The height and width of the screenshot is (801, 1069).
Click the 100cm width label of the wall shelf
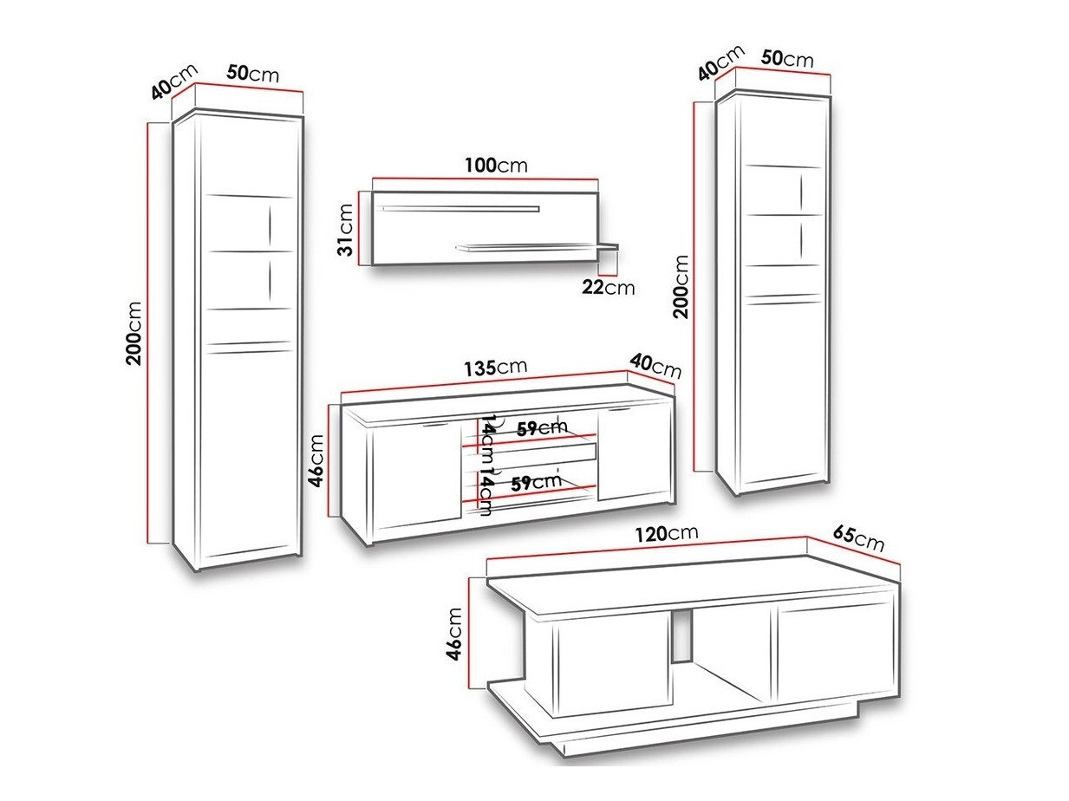click(496, 165)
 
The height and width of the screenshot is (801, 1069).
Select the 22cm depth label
click(609, 287)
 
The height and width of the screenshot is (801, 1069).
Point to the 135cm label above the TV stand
click(495, 368)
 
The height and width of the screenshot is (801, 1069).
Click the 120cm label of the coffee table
click(666, 534)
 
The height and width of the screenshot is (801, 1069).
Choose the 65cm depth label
click(858, 538)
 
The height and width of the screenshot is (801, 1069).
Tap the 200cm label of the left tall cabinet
click(134, 334)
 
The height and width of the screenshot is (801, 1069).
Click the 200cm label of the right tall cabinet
click(681, 287)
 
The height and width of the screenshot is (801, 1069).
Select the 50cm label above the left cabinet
click(253, 74)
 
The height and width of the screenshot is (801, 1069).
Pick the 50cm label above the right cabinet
click(787, 58)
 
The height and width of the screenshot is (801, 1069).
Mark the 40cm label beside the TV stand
click(655, 366)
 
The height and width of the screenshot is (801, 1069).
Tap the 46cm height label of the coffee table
click(453, 634)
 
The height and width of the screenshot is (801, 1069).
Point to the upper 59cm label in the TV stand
click(542, 427)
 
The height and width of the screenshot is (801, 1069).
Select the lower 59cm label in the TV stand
click(536, 483)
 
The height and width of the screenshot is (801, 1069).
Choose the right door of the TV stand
click(634, 454)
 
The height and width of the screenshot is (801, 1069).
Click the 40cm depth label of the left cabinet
click(174, 81)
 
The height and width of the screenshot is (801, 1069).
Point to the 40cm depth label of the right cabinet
click(720, 62)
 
